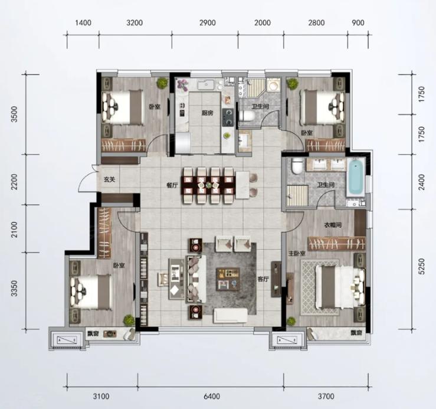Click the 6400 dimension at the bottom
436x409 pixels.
click(212, 396)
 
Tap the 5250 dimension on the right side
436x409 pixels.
click(421, 266)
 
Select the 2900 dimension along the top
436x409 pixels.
click(208, 22)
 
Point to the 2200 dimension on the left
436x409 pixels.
click(15, 182)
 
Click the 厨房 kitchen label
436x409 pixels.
click(208, 113)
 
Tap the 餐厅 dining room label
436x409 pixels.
click(172, 185)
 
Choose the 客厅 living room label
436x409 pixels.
click(263, 279)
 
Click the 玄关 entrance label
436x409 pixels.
click(110, 179)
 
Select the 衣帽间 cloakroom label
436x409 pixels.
click(333, 225)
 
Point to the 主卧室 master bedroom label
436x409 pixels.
click(297, 253)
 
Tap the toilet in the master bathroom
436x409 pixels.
click(297, 166)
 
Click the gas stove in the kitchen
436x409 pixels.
click(228, 117)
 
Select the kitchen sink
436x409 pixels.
click(206, 84)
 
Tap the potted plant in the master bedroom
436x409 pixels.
click(291, 321)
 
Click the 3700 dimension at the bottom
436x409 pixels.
click(326, 396)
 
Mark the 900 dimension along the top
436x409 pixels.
click(358, 22)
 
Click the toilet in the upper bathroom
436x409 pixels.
click(247, 116)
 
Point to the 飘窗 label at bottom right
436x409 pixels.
click(356, 332)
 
